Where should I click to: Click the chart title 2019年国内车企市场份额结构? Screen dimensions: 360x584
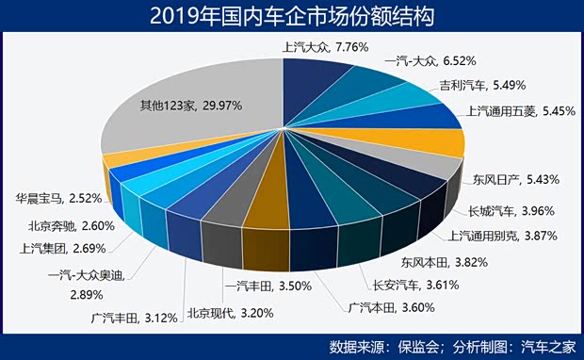point(291,16)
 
